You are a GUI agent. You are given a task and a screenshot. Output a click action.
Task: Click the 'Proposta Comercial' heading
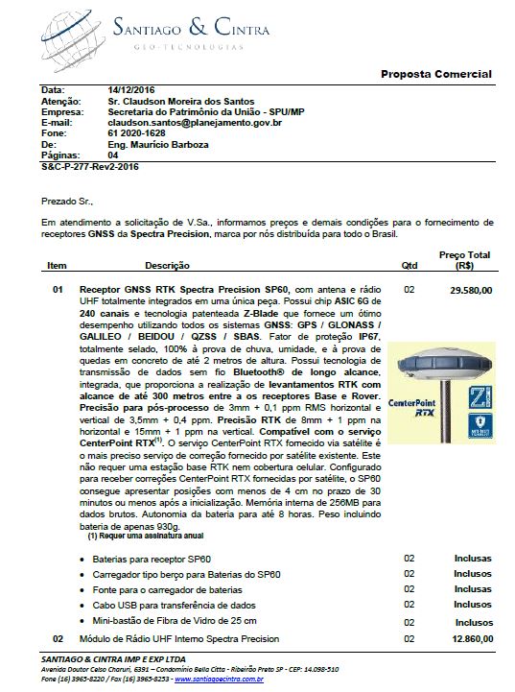pyautogui.click(x=435, y=74)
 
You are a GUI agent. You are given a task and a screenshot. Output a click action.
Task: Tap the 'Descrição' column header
pyautogui.click(x=168, y=264)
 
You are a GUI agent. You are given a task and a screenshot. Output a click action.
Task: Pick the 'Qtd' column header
pyautogui.click(x=408, y=264)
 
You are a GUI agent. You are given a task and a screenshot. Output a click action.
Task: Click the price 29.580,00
pyautogui.click(x=471, y=288)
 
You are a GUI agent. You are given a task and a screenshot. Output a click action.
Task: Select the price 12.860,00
pyautogui.click(x=471, y=637)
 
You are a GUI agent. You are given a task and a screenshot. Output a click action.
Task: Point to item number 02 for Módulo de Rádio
pyautogui.click(x=57, y=638)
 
